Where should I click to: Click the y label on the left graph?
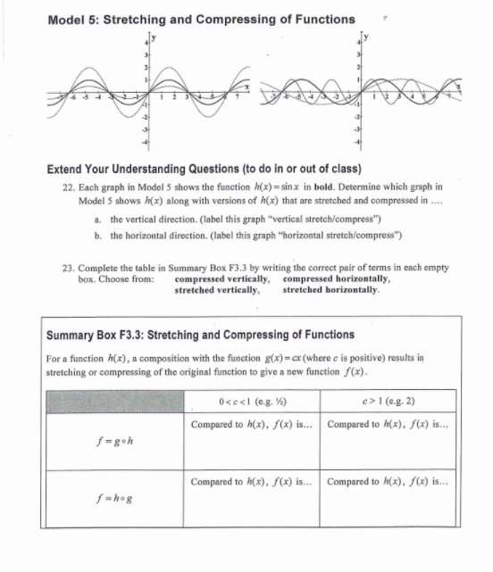pos(154,36)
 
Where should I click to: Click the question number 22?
pos(50,187)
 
